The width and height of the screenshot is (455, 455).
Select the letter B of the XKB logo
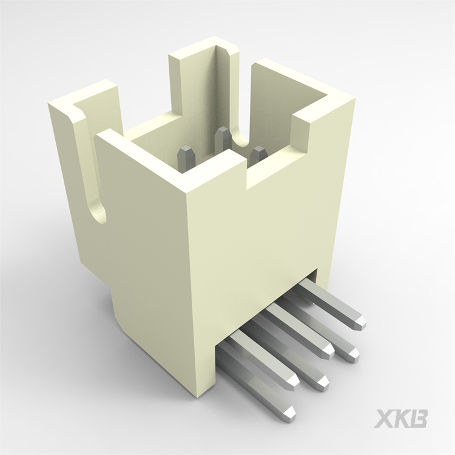pyautogui.click(x=419, y=419)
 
